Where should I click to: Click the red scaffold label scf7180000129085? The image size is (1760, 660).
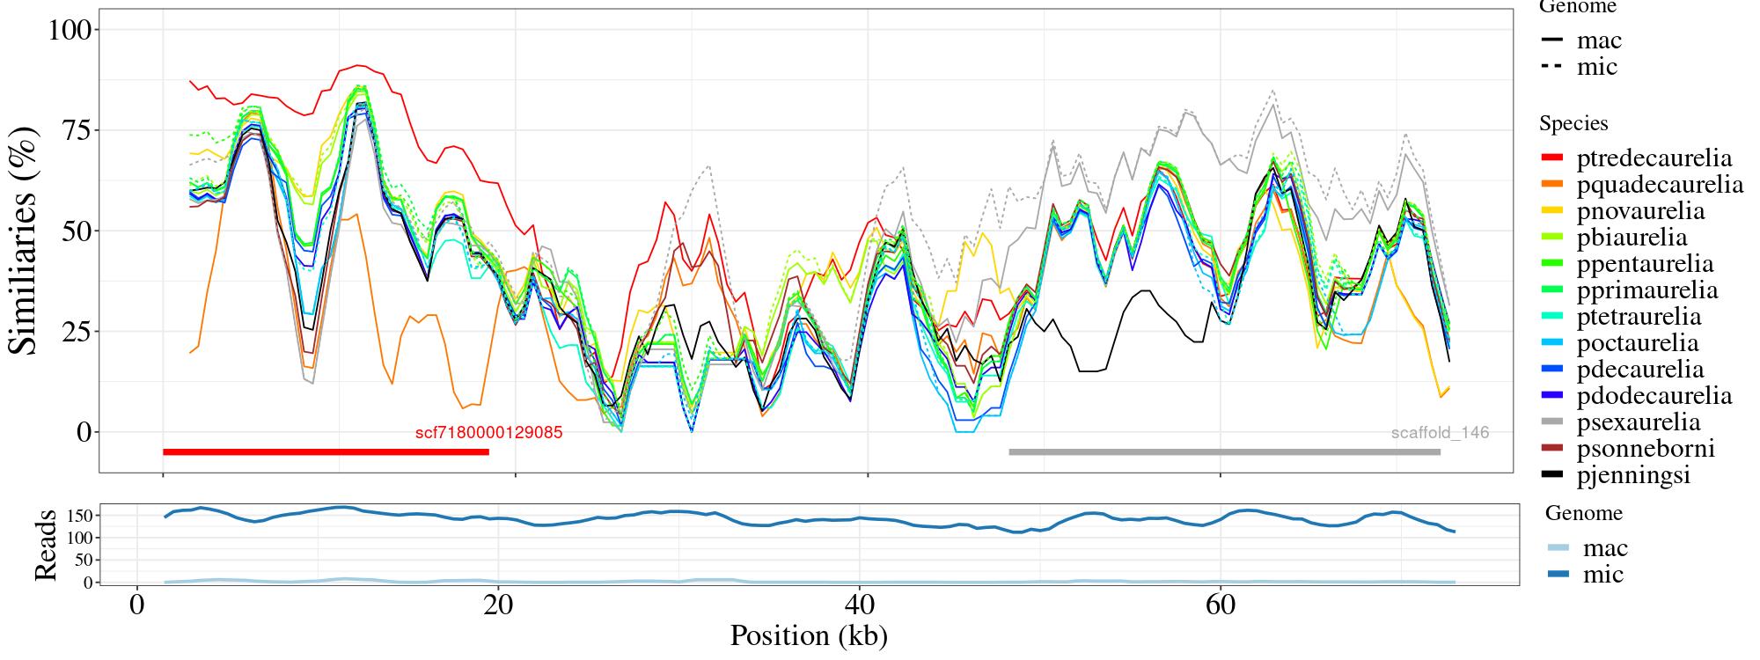tap(488, 433)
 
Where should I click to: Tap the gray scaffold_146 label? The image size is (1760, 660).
tap(1440, 433)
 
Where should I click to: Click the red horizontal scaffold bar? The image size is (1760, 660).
tap(326, 452)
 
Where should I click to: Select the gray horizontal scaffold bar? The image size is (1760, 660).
tap(1224, 452)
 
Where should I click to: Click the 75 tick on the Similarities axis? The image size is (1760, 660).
tap(77, 130)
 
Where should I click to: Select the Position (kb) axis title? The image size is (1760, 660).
tap(808, 635)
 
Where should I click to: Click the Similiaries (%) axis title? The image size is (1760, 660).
tap(24, 240)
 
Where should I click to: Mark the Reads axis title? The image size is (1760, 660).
tap(44, 545)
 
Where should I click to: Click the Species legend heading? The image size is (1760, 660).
tap(1573, 124)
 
